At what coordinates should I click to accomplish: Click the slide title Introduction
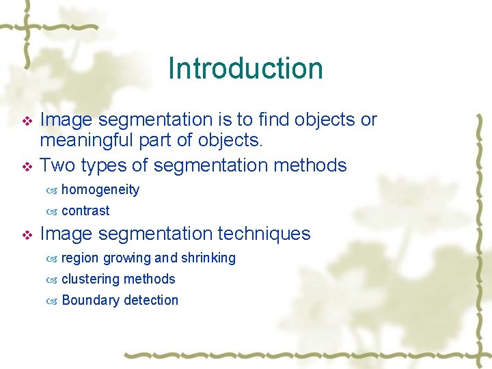click(245, 68)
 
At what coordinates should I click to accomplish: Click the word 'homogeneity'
click(100, 190)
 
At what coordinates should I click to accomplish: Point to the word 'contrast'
click(85, 211)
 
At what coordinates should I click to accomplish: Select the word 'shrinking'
click(208, 258)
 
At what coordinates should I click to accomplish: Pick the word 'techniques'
click(264, 234)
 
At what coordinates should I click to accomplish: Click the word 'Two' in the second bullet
click(58, 165)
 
